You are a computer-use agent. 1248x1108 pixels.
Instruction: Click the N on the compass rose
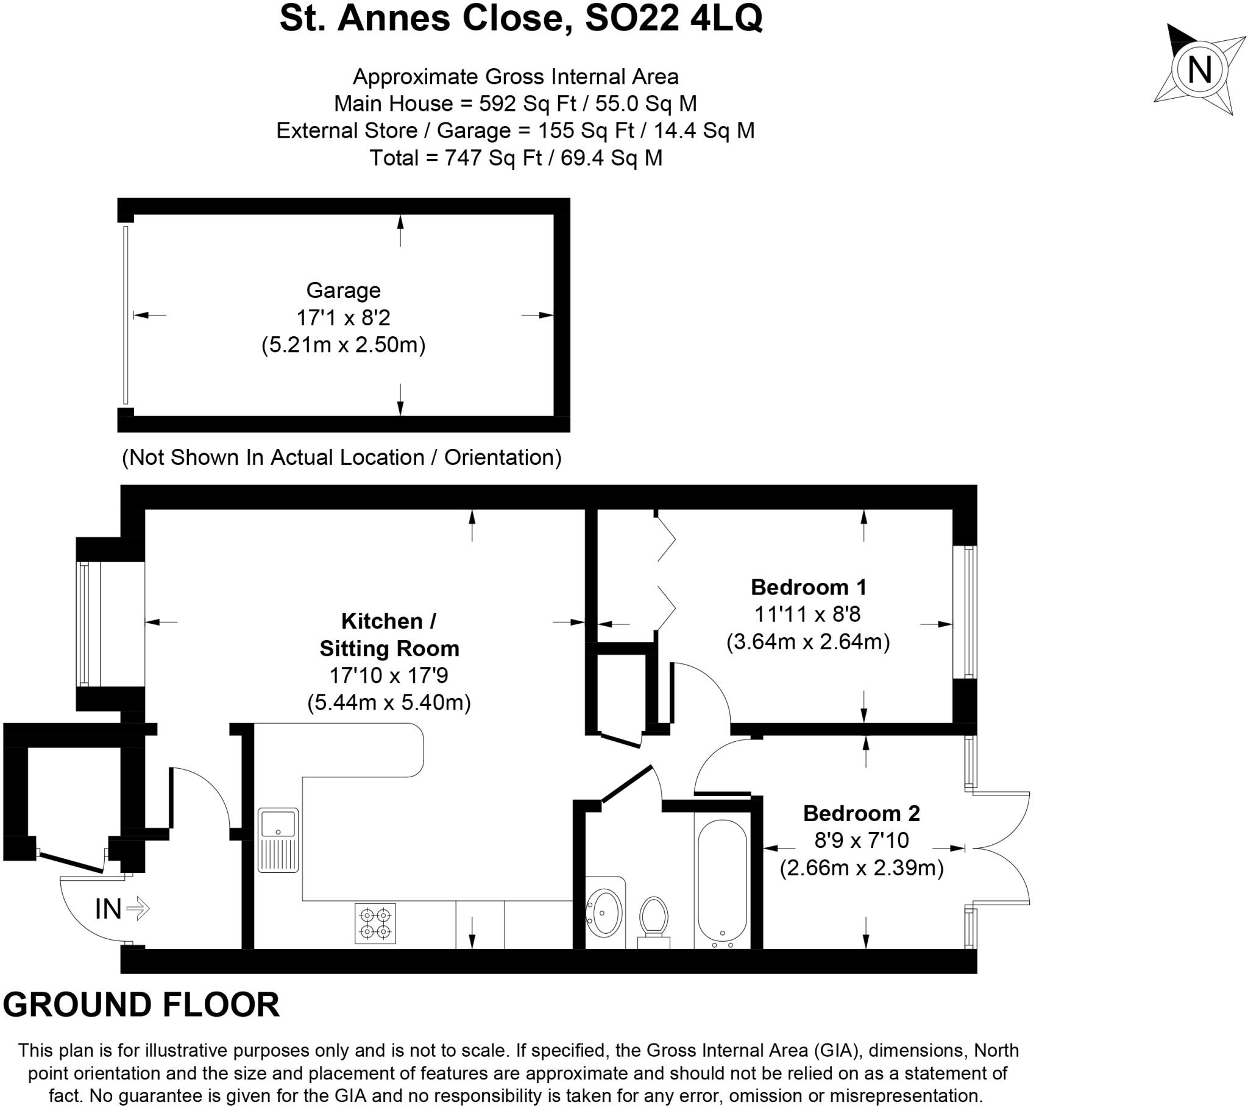tap(1199, 69)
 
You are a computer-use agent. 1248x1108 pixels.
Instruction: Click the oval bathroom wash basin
tap(604, 912)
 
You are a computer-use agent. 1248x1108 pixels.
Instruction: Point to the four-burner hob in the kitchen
tap(375, 923)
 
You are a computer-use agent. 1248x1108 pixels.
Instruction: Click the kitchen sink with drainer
tap(278, 839)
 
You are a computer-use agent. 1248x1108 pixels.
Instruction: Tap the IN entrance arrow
tap(137, 908)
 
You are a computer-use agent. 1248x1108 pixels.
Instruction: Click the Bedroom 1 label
tap(808, 587)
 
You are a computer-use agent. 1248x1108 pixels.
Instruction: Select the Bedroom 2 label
tap(861, 813)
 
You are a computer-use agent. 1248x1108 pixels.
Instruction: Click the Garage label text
tap(343, 290)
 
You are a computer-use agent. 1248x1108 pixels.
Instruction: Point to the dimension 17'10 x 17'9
tap(388, 675)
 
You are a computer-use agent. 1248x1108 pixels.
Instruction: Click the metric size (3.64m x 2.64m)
tap(807, 641)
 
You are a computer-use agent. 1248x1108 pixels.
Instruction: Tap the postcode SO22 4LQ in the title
tap(673, 18)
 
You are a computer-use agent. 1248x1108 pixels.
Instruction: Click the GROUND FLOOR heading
tap(141, 1005)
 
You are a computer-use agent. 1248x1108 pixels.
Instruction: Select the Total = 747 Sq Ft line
tap(516, 158)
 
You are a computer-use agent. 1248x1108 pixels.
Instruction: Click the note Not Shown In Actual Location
tap(341, 457)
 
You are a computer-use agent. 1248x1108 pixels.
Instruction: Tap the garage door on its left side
tap(126, 315)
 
